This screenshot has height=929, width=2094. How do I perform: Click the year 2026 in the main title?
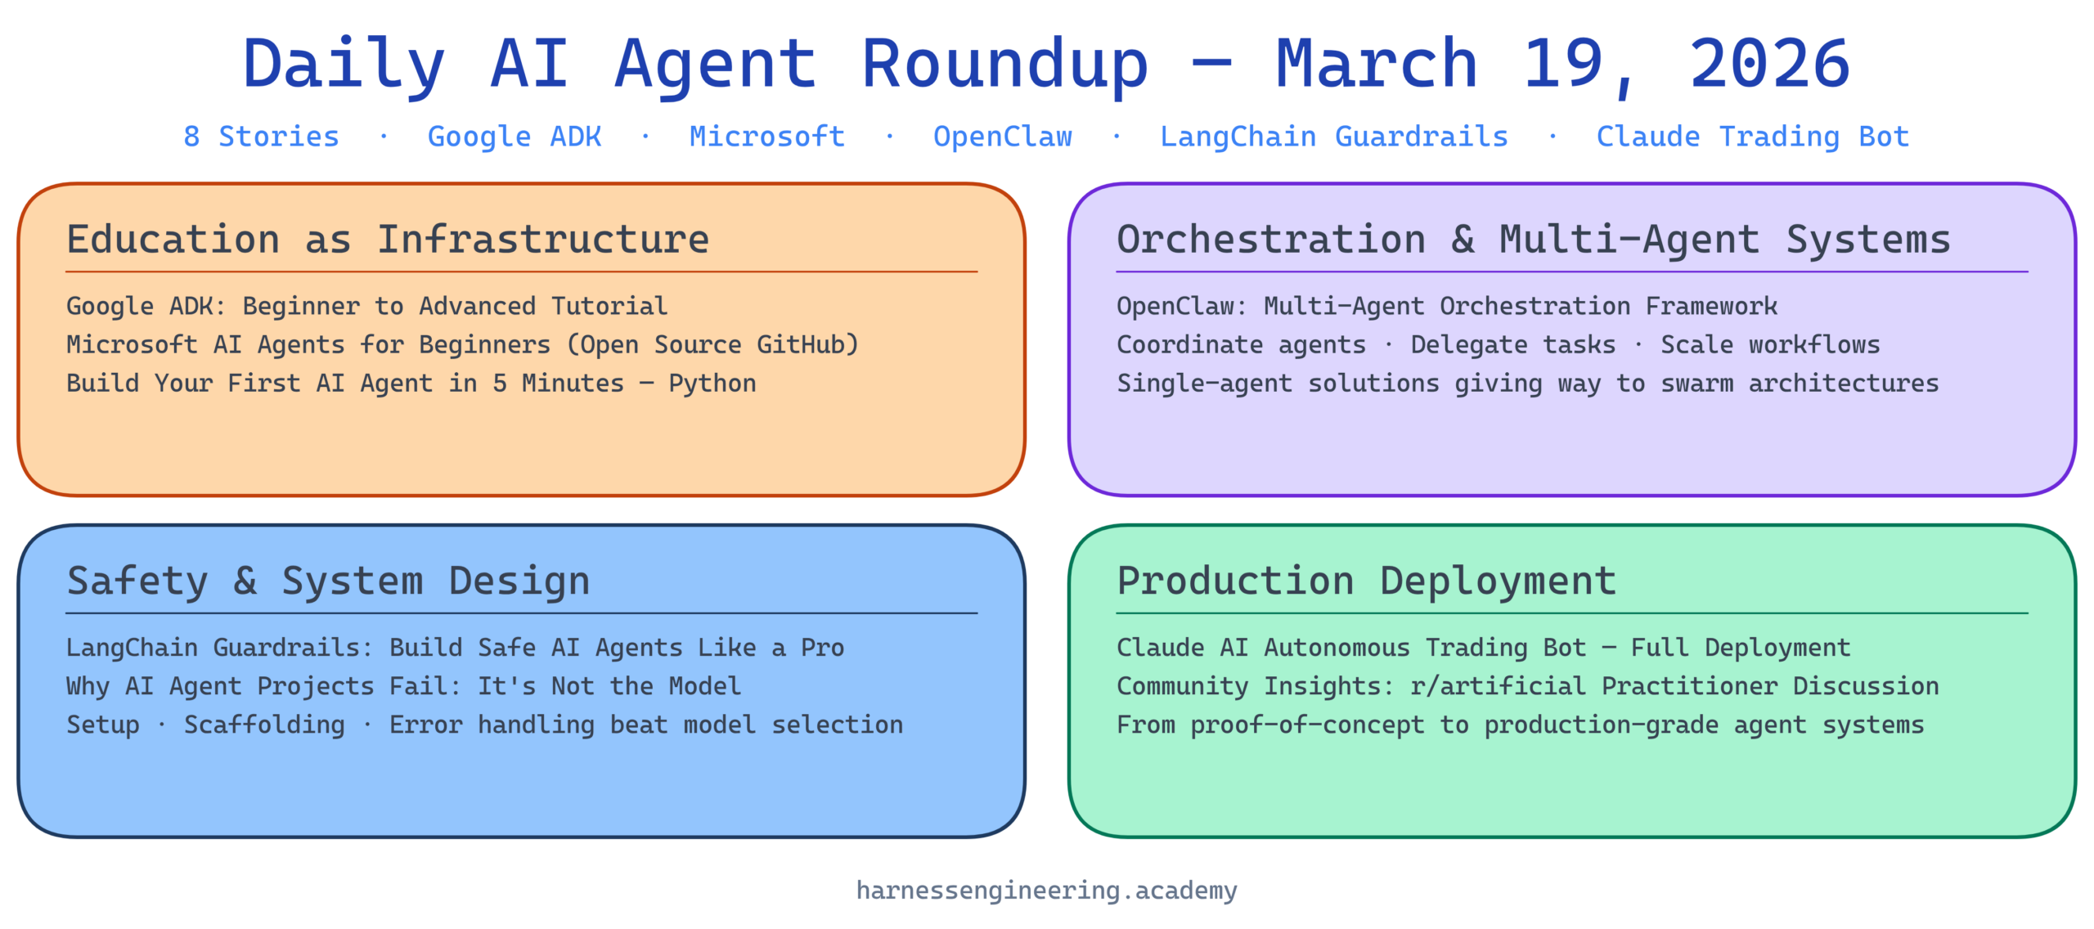coord(1768,64)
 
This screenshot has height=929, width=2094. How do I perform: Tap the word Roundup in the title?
coord(1005,65)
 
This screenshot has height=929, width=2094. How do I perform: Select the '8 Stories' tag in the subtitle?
coord(261,137)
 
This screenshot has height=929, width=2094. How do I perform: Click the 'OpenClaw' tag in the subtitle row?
coord(1002,137)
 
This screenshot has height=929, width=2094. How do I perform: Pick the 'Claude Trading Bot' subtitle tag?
coord(1752,137)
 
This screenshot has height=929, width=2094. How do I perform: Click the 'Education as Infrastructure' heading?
coord(388,240)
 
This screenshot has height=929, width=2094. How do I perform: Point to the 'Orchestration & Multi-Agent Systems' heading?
coord(1534,240)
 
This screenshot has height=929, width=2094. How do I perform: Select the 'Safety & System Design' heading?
coord(328,581)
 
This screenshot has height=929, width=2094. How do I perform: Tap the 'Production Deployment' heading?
coord(1367,581)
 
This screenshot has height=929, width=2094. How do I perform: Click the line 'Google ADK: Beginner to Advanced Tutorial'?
coord(366,306)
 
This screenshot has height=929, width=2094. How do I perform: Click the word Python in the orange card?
coord(712,384)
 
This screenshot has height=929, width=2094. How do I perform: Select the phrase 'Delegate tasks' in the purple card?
coord(1513,345)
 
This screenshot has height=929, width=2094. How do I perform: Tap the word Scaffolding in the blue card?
coord(264,725)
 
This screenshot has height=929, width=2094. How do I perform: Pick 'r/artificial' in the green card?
coord(1498,686)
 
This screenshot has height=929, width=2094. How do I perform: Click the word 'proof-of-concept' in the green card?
coord(1307,725)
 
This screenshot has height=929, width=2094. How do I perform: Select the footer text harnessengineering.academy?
coord(1047,890)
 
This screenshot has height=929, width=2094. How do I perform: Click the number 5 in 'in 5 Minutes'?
coord(499,384)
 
